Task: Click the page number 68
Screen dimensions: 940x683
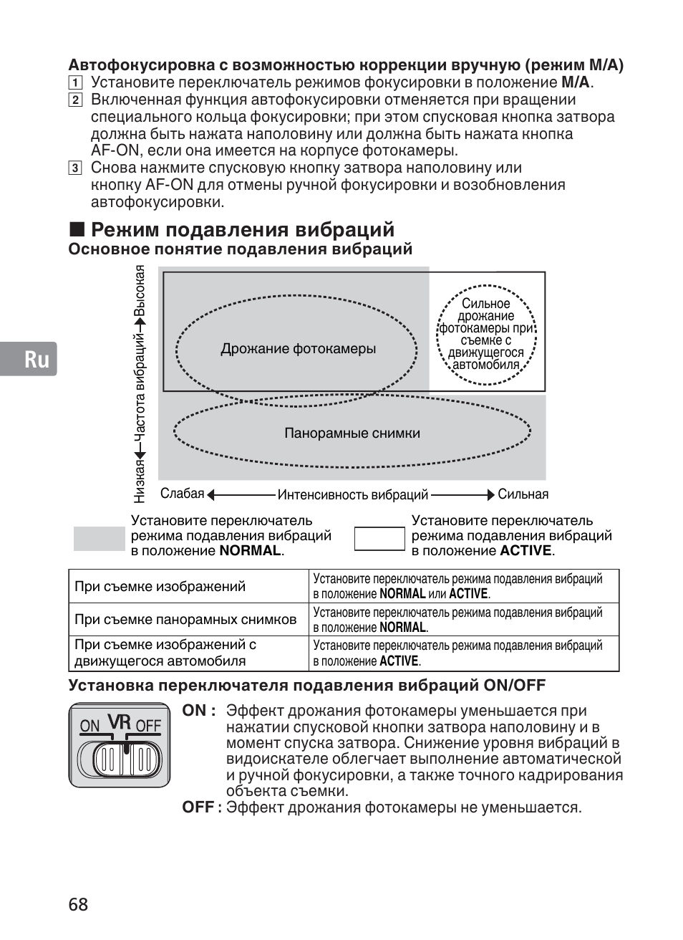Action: pyautogui.click(x=79, y=904)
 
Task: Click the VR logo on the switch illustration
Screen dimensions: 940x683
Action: pyautogui.click(x=120, y=722)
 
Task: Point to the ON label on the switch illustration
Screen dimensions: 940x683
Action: pyautogui.click(x=89, y=726)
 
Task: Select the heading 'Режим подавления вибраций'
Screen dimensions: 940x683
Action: pyautogui.click(x=243, y=229)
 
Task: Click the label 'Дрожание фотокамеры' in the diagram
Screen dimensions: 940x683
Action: pyautogui.click(x=298, y=349)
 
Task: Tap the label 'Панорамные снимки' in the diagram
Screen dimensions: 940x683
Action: pyautogui.click(x=352, y=433)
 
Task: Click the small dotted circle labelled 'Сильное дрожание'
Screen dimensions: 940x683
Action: pyautogui.click(x=487, y=335)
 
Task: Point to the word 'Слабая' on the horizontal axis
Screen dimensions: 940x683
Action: pyautogui.click(x=183, y=494)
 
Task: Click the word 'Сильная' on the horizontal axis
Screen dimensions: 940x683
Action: pyautogui.click(x=523, y=494)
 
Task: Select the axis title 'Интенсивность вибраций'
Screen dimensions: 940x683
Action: pyautogui.click(x=353, y=495)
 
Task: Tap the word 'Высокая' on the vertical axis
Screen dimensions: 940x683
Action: pyautogui.click(x=140, y=291)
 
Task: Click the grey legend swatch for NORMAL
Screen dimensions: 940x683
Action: pyautogui.click(x=100, y=538)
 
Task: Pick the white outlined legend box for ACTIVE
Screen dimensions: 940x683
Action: pyautogui.click(x=380, y=539)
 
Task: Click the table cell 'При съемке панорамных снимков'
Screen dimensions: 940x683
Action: pyautogui.click(x=185, y=620)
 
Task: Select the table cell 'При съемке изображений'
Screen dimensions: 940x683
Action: pyautogui.click(x=160, y=587)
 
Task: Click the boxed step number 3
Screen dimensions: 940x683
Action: pyautogui.click(x=74, y=168)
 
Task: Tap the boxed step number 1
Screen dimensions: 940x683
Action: pyautogui.click(x=74, y=82)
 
